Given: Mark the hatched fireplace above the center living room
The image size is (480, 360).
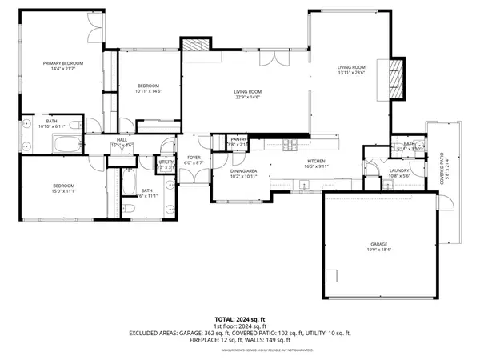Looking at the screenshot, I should pyautogui.click(x=193, y=47).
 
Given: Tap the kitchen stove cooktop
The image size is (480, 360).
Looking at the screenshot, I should pyautogui.click(x=290, y=144).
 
